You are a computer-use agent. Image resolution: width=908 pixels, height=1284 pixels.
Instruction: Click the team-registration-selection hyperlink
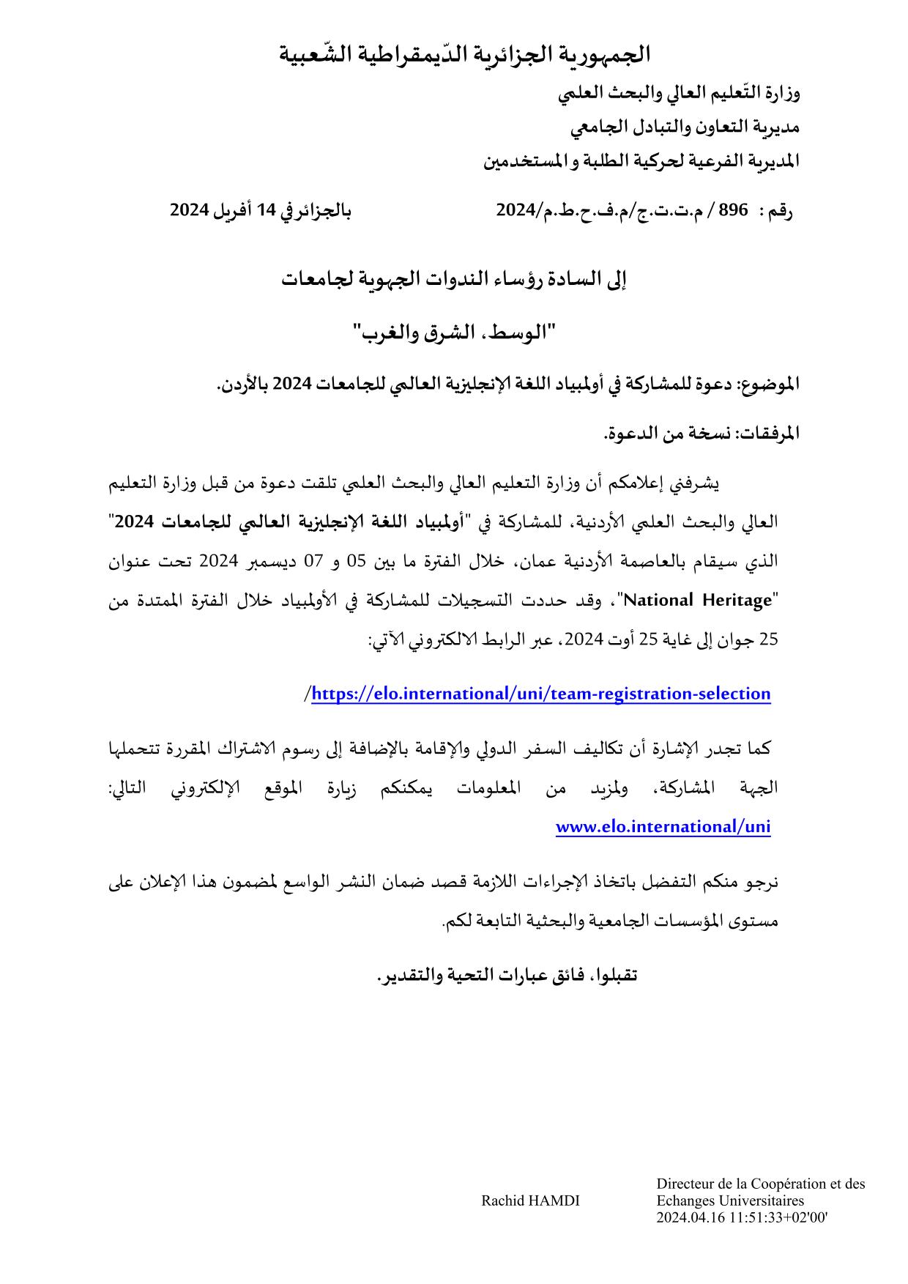[541, 694]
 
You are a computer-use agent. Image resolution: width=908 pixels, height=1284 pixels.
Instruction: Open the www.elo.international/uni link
[663, 827]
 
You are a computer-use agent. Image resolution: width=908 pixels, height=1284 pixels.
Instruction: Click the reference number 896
[733, 210]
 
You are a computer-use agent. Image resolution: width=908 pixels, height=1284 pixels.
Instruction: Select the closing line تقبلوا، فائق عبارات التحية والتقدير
[507, 976]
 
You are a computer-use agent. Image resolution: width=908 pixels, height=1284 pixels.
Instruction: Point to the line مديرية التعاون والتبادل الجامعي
[685, 127]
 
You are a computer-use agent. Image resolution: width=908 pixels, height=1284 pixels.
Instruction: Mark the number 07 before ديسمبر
[313, 562]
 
